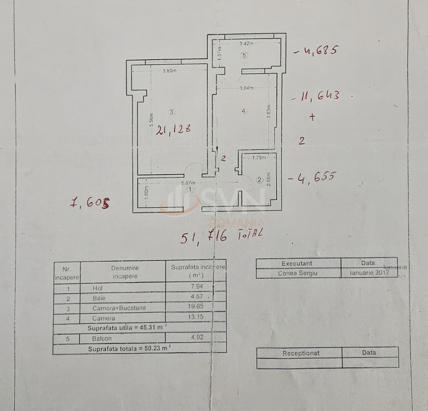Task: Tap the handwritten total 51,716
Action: click(x=204, y=237)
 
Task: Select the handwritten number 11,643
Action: click(x=316, y=97)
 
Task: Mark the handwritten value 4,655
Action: click(x=312, y=177)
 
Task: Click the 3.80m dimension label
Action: click(x=169, y=71)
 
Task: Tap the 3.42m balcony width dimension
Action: click(x=246, y=43)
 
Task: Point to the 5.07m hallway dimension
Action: click(x=188, y=183)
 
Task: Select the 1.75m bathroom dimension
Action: click(x=258, y=157)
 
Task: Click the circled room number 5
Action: click(x=244, y=56)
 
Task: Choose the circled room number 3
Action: click(x=171, y=112)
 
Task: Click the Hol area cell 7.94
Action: click(x=195, y=287)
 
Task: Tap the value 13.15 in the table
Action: click(x=195, y=317)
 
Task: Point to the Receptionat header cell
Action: click(x=301, y=353)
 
